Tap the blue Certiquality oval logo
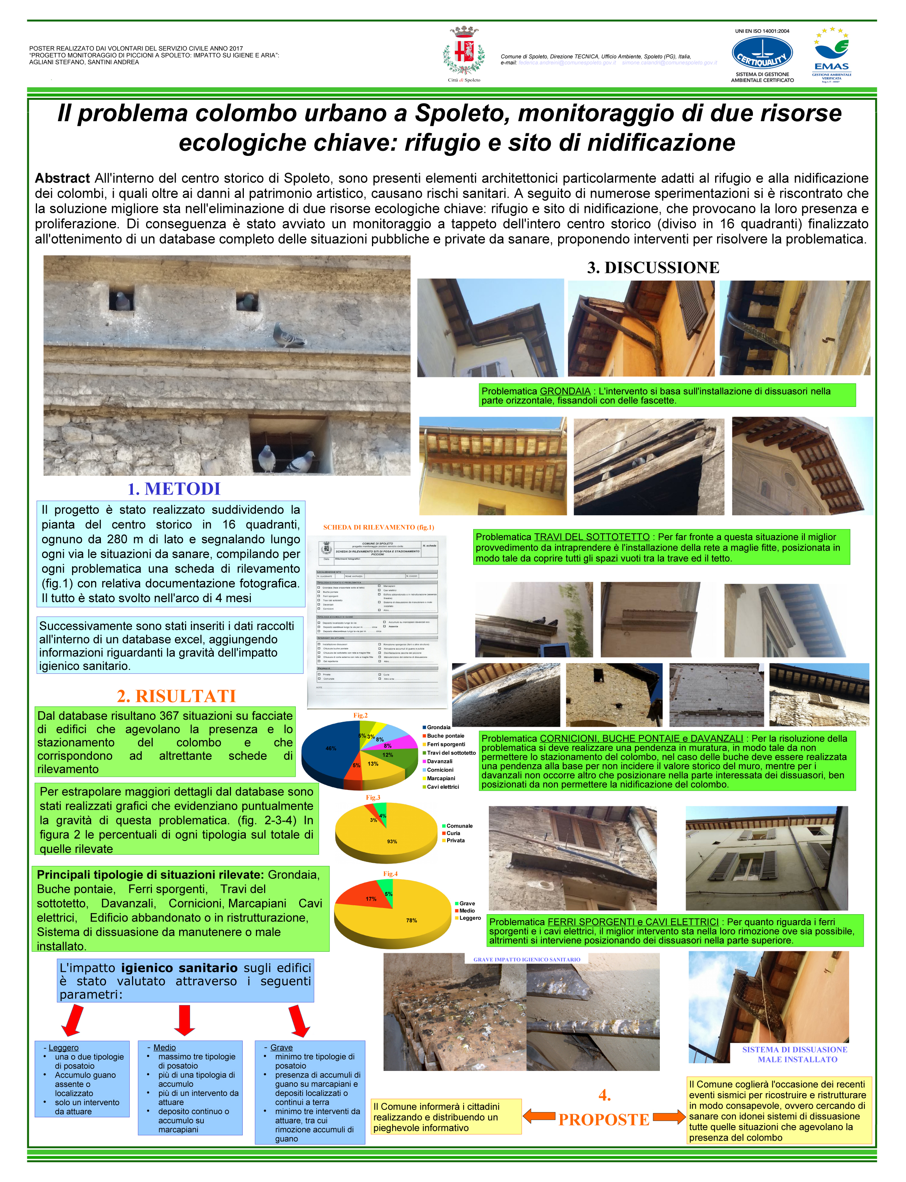pos(761,54)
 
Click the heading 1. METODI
pos(174,489)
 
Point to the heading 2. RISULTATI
pos(176,696)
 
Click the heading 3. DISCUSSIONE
pos(653,268)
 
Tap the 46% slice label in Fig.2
pos(331,748)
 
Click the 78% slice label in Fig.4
pos(411,921)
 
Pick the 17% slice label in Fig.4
pos(371,899)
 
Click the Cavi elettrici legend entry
pos(442,786)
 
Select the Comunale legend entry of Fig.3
pos(459,826)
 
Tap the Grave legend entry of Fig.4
pos(467,903)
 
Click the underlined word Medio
pos(164,1047)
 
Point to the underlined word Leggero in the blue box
pos(63,1047)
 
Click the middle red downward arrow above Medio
pos(185,1019)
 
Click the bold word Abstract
pos(62,178)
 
